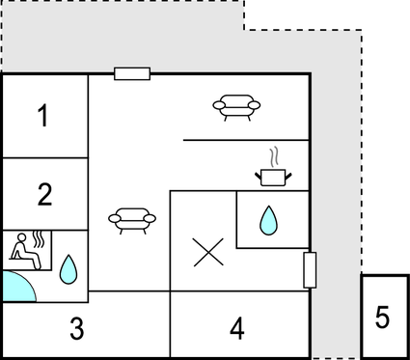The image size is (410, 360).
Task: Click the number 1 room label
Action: pyautogui.click(x=43, y=117)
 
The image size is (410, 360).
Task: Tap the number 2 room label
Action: pyautogui.click(x=44, y=194)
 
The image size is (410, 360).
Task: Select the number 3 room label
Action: pyautogui.click(x=76, y=328)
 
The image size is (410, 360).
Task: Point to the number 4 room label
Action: pyautogui.click(x=236, y=328)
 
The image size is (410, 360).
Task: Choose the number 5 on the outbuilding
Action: pyautogui.click(x=383, y=317)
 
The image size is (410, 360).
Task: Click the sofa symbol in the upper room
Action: pyautogui.click(x=236, y=104)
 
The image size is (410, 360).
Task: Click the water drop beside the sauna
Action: pyautogui.click(x=68, y=267)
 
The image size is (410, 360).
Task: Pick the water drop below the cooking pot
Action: pyautogui.click(x=267, y=221)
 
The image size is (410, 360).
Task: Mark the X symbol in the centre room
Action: pyautogui.click(x=205, y=253)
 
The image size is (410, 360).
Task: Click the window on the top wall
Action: pyautogui.click(x=131, y=73)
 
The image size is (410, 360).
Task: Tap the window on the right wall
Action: pyautogui.click(x=310, y=269)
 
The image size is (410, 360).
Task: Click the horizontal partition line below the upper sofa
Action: pyautogui.click(x=245, y=140)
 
